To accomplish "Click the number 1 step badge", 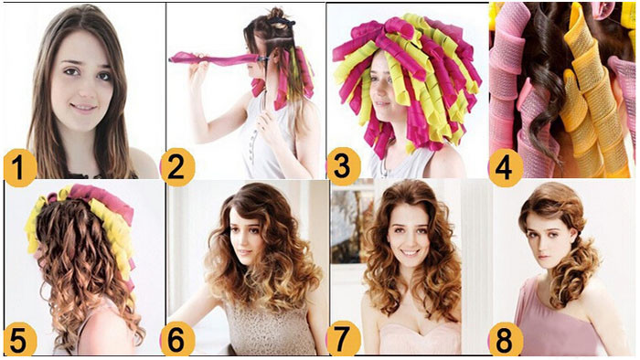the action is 19,168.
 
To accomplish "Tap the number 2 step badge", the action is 176,167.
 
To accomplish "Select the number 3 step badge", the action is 343,167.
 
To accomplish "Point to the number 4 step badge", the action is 506,167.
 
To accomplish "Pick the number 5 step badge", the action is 19,339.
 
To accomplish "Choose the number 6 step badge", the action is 176,339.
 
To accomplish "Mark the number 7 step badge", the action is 343,339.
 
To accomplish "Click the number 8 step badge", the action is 506,339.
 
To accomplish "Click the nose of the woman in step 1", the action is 84,89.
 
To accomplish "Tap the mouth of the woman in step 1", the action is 84,107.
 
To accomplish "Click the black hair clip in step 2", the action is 282,21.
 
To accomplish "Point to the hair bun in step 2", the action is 277,14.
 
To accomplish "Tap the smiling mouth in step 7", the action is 410,252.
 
